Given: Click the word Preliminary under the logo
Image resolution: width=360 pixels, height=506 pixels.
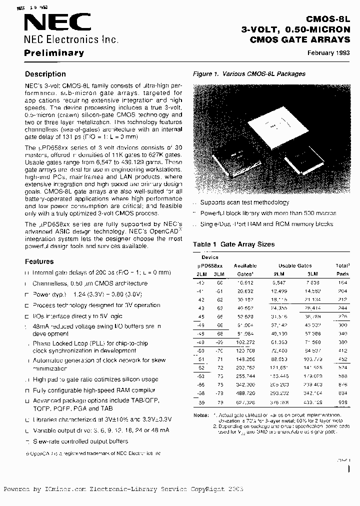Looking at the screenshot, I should (x=54, y=53).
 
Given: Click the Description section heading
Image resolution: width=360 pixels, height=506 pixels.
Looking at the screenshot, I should (x=45, y=74).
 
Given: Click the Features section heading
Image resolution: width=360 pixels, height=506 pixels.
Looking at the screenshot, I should (x=39, y=261).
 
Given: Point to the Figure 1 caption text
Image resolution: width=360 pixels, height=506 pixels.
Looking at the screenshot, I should (x=249, y=74).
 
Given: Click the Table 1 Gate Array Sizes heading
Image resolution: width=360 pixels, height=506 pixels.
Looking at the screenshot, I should (x=233, y=244).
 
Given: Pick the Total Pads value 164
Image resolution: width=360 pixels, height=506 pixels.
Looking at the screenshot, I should (x=342, y=283).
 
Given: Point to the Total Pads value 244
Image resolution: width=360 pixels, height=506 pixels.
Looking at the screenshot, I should (x=342, y=309).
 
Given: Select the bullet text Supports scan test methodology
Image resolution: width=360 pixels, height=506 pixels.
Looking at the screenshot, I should (x=244, y=202).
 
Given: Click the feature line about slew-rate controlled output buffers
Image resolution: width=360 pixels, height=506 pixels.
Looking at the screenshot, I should (x=80, y=441).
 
